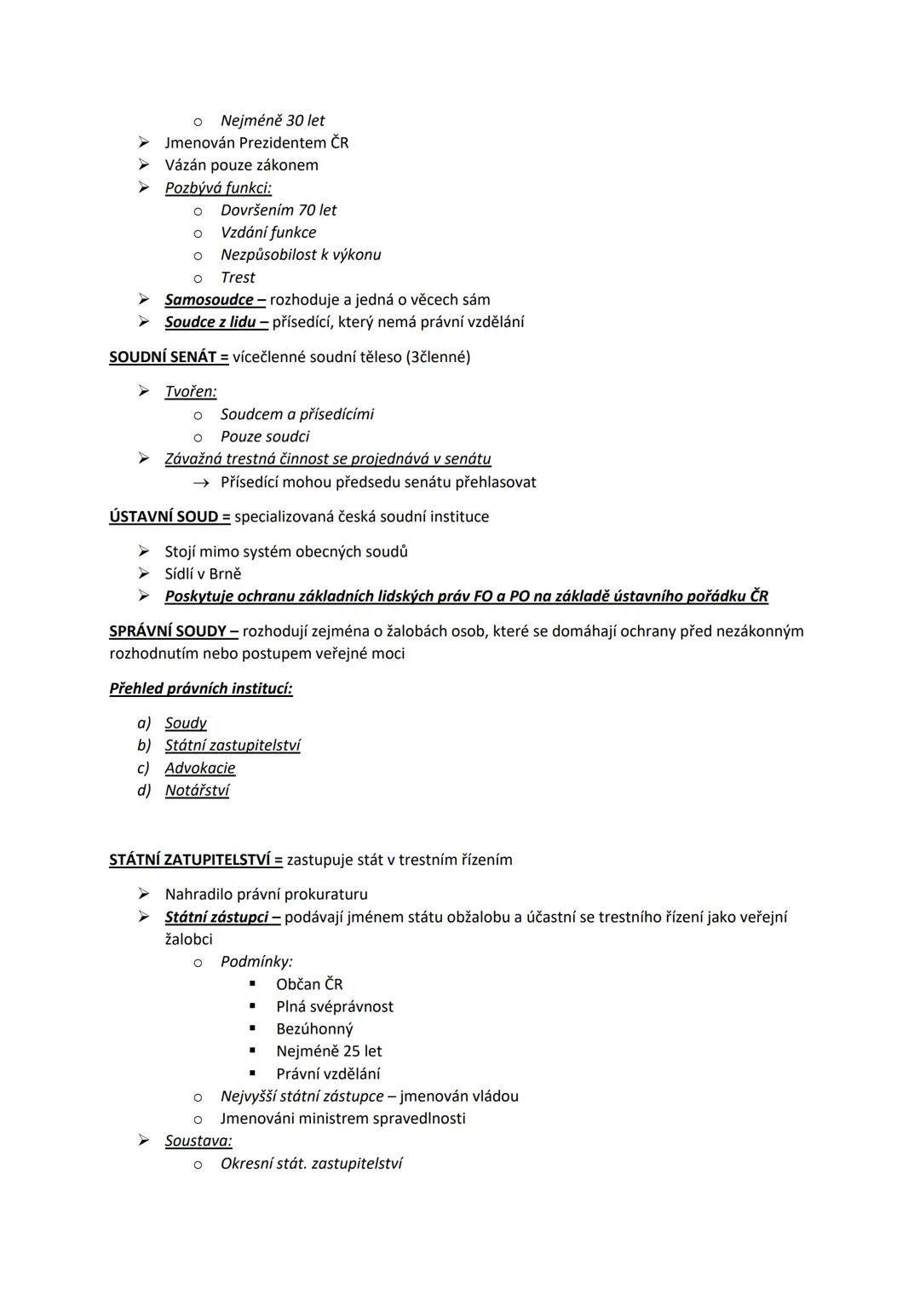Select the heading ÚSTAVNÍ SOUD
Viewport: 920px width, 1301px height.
point(170,516)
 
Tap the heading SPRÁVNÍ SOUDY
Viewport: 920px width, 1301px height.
point(173,631)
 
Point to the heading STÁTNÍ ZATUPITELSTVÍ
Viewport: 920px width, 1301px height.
point(195,860)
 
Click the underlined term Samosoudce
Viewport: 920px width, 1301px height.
point(210,300)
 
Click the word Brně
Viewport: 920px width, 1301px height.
point(225,574)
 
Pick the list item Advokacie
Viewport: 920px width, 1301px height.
point(200,768)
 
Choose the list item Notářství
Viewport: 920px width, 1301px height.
point(197,791)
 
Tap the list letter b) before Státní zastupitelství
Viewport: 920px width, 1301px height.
point(144,745)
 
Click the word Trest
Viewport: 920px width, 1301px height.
point(238,278)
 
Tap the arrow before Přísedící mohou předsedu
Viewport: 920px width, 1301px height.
point(200,483)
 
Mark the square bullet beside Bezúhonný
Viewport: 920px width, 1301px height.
point(252,1028)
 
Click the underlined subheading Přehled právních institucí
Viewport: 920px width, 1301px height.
point(201,688)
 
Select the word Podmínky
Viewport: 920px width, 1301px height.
point(256,962)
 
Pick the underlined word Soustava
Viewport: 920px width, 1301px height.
point(198,1141)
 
